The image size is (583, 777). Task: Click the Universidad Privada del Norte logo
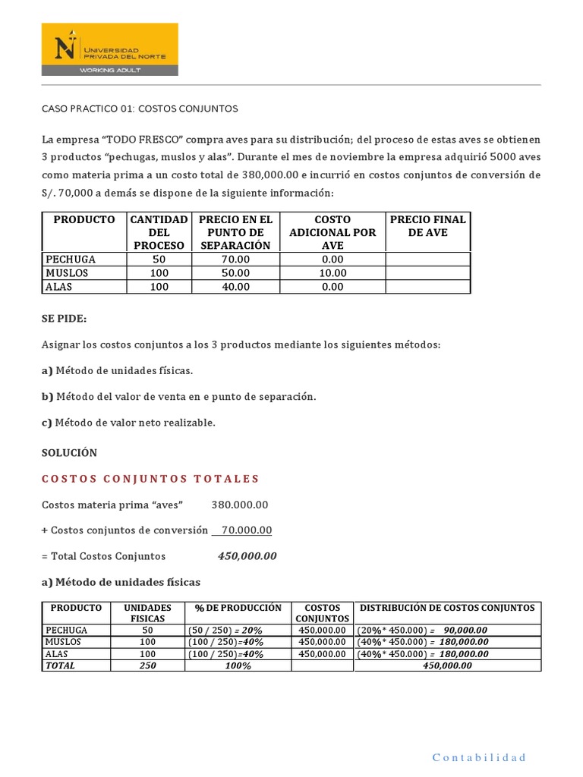pos(109,49)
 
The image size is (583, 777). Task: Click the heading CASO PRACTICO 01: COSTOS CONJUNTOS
pos(139,109)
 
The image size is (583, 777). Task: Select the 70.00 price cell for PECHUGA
pos(235,259)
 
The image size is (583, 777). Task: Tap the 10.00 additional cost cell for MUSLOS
pos(332,273)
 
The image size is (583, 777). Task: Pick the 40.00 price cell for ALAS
pos(235,287)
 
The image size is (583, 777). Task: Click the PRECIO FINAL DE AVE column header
pos(427,226)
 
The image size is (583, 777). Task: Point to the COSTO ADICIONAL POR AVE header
pos(332,232)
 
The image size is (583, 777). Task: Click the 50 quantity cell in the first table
pos(159,259)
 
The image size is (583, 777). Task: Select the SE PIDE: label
pos(64,320)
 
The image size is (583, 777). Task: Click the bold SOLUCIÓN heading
pos(69,452)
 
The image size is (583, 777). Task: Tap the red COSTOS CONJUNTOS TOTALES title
pos(150,479)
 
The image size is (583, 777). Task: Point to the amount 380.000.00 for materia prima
pos(239,505)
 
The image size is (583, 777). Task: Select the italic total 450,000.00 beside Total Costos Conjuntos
pos(247,556)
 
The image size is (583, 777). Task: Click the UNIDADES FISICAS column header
pos(147,613)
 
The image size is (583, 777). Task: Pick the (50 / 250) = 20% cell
pos(225,630)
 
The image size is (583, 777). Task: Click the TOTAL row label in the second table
pos(61,665)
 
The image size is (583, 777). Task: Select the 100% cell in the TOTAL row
pos(238,665)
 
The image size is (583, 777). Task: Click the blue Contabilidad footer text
pos(478,757)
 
